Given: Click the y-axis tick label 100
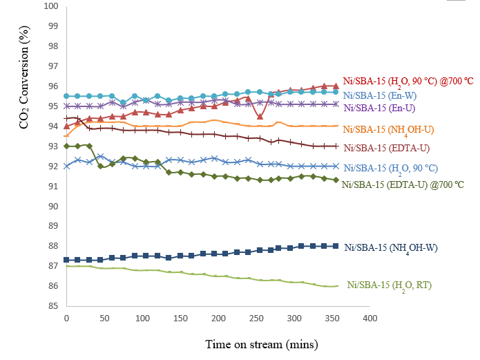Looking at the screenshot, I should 50,6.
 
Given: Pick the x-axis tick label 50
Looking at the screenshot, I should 105,318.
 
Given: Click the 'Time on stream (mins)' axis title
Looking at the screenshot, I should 261,343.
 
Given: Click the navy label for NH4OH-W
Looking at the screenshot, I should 391,247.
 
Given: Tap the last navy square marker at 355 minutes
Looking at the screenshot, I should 335,246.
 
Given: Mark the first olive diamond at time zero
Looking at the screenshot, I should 66,146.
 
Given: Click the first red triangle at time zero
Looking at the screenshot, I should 66,126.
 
